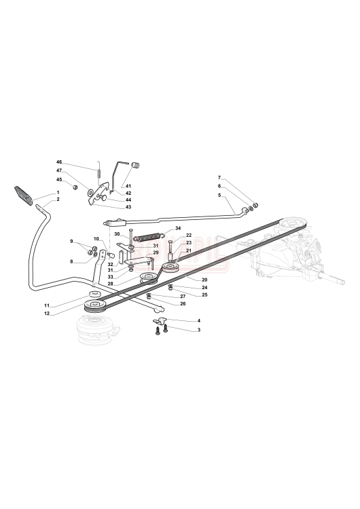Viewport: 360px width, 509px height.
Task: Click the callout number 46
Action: [x=59, y=162]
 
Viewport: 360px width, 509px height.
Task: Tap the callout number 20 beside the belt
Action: [x=204, y=280]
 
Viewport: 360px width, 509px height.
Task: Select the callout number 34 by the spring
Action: [x=178, y=228]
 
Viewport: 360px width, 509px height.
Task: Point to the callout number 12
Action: [x=47, y=314]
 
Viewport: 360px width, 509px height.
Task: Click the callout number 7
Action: [x=219, y=178]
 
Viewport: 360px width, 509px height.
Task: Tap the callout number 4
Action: [x=199, y=321]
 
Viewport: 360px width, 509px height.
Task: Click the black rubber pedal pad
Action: [x=23, y=195]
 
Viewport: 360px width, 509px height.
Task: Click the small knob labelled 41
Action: [x=137, y=165]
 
